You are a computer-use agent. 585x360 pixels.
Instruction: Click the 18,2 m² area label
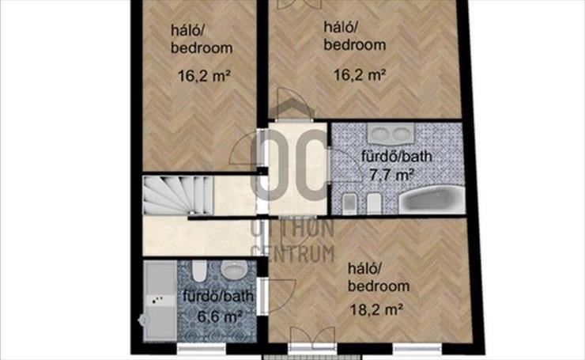(x=376, y=309)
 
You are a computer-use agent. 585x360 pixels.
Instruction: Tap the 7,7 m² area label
(x=391, y=174)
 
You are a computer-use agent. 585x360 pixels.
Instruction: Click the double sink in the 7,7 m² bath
(x=391, y=134)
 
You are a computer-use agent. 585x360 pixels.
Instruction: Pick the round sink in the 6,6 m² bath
(x=234, y=269)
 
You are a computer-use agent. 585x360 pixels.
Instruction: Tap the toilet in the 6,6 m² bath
(x=199, y=271)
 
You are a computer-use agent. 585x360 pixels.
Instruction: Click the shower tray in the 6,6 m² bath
(x=160, y=301)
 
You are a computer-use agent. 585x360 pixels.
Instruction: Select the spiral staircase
(x=178, y=195)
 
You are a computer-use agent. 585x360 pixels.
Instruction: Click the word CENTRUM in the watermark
(x=292, y=254)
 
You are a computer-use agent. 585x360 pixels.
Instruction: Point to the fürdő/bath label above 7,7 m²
(x=397, y=156)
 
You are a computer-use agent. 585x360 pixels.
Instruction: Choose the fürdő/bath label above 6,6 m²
(x=218, y=296)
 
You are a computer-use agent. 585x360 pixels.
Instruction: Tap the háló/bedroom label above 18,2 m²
(x=379, y=278)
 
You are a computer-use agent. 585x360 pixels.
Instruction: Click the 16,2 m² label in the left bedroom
(x=204, y=76)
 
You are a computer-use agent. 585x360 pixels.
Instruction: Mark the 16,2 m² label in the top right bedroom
(x=359, y=75)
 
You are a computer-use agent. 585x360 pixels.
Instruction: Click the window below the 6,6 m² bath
(x=201, y=349)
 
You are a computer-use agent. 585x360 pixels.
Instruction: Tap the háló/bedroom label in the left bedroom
(x=202, y=39)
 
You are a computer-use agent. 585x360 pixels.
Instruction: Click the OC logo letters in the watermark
(x=289, y=165)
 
